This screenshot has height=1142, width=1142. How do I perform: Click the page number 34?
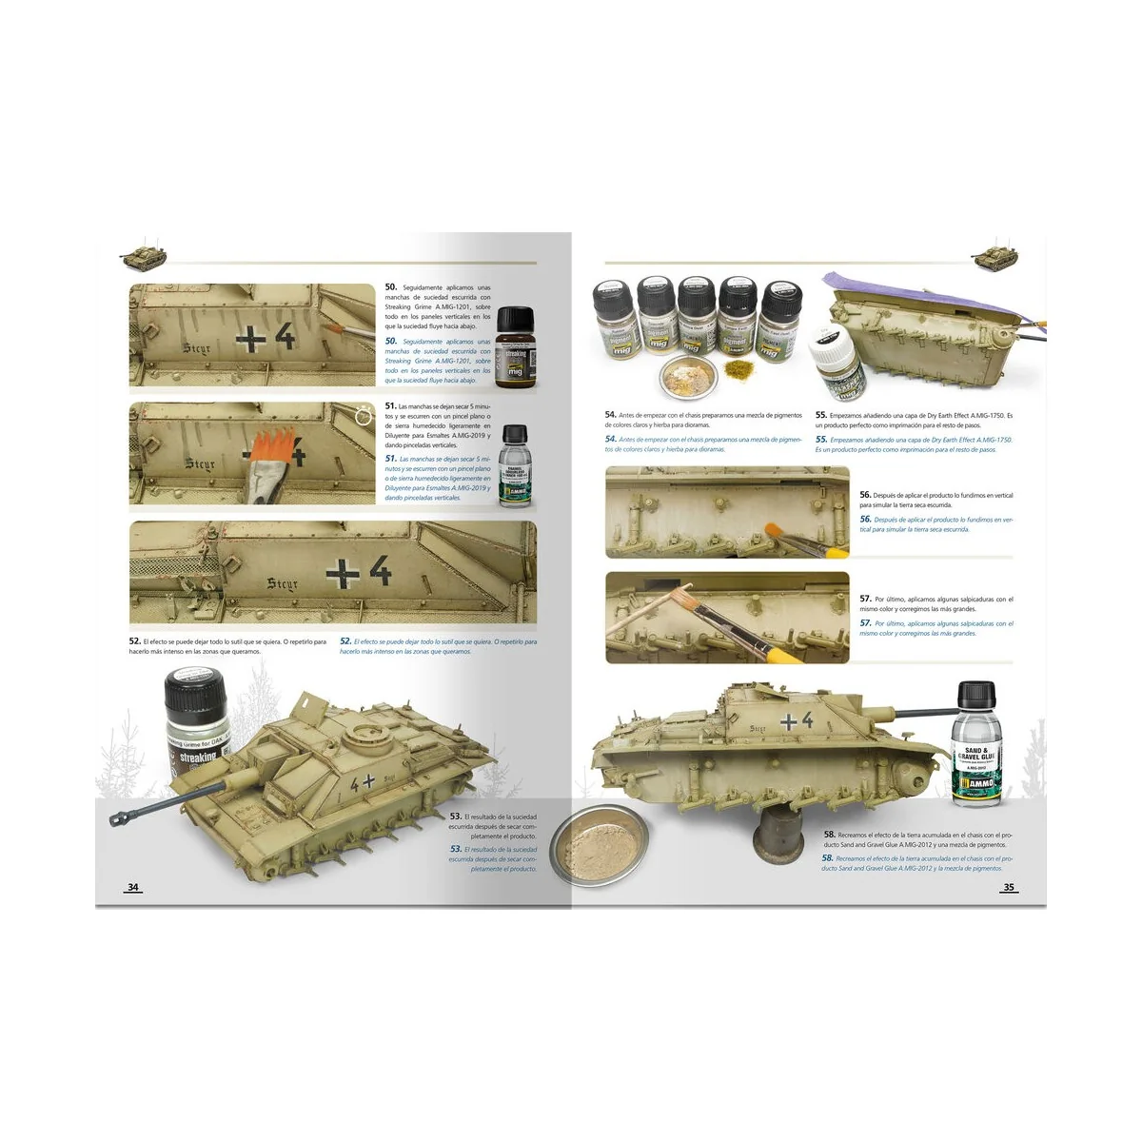point(133,887)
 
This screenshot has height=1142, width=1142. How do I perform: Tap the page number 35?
point(1009,887)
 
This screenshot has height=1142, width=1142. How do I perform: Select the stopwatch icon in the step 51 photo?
point(364,416)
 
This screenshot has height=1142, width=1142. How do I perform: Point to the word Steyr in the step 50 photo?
point(197,348)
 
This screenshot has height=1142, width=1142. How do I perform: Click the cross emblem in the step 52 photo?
point(343,573)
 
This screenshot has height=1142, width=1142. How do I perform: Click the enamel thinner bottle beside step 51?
point(514,464)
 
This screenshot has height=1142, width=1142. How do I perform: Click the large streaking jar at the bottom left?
point(197,722)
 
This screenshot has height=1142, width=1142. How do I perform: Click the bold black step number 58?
point(830,835)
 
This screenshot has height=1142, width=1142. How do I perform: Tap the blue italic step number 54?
point(611,439)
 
